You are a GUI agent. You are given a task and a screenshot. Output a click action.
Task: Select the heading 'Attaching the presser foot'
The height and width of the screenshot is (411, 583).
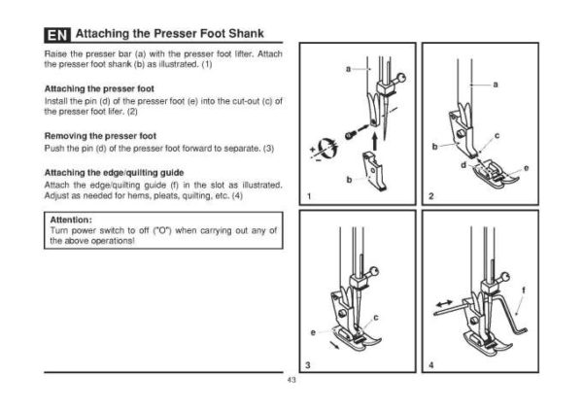tap(87, 87)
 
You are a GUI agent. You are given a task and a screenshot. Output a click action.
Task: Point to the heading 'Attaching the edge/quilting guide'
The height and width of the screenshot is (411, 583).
tap(107, 172)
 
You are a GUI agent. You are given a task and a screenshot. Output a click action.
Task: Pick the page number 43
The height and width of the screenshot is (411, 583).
tap(291, 380)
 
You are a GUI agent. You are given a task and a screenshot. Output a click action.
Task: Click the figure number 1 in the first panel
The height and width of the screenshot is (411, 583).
tap(308, 197)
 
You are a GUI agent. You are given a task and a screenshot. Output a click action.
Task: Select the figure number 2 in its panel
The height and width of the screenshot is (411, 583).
tap(429, 197)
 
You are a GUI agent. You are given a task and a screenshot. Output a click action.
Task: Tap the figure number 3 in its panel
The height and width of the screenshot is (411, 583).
tap(308, 364)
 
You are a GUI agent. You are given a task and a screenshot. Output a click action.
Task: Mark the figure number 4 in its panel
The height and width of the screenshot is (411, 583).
tap(429, 364)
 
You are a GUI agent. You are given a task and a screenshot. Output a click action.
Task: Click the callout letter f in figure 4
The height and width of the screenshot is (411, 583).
tap(524, 290)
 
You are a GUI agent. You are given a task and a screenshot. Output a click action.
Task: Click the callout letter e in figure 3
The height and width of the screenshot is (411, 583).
tap(313, 333)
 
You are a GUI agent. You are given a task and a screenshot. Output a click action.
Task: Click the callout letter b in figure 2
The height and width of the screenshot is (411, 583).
tap(435, 147)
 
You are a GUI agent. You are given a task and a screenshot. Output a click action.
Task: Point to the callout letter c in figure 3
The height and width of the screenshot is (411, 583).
tap(375, 318)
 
